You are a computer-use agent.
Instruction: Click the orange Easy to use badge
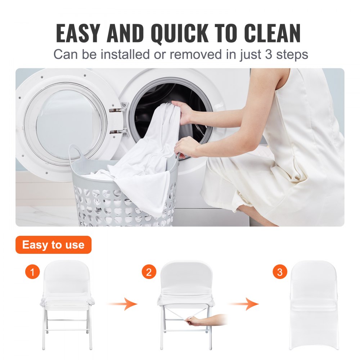tap(53, 245)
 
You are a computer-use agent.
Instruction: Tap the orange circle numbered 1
tap(32, 272)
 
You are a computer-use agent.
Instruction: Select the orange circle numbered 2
tap(149, 272)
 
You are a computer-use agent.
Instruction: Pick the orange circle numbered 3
tap(280, 272)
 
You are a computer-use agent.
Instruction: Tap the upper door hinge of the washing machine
tap(119, 108)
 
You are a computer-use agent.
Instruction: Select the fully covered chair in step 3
tap(315, 304)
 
